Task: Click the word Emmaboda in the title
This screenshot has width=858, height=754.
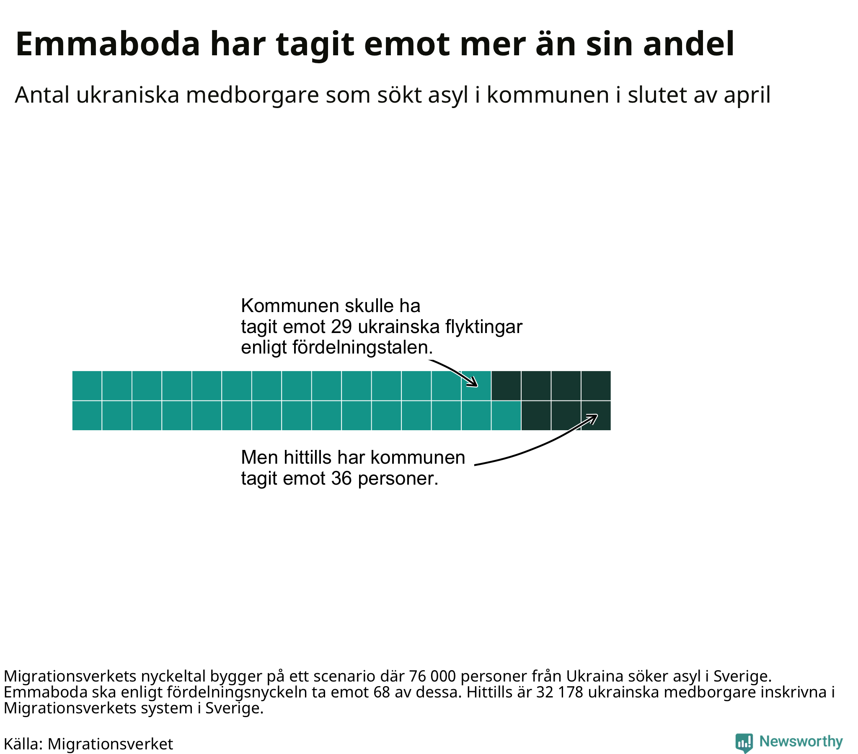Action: point(108,44)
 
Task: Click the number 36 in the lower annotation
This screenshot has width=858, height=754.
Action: point(342,478)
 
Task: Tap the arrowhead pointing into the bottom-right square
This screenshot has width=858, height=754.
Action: point(593,418)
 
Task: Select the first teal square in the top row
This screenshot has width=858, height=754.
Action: point(87,385)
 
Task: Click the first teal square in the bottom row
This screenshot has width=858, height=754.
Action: point(87,416)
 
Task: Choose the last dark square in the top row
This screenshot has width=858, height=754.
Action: point(596,385)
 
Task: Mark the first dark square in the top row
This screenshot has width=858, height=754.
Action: point(506,385)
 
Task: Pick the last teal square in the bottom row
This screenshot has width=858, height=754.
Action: point(506,416)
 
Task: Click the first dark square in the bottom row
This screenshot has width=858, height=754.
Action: point(536,416)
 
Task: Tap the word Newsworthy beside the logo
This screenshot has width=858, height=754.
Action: point(801,742)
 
